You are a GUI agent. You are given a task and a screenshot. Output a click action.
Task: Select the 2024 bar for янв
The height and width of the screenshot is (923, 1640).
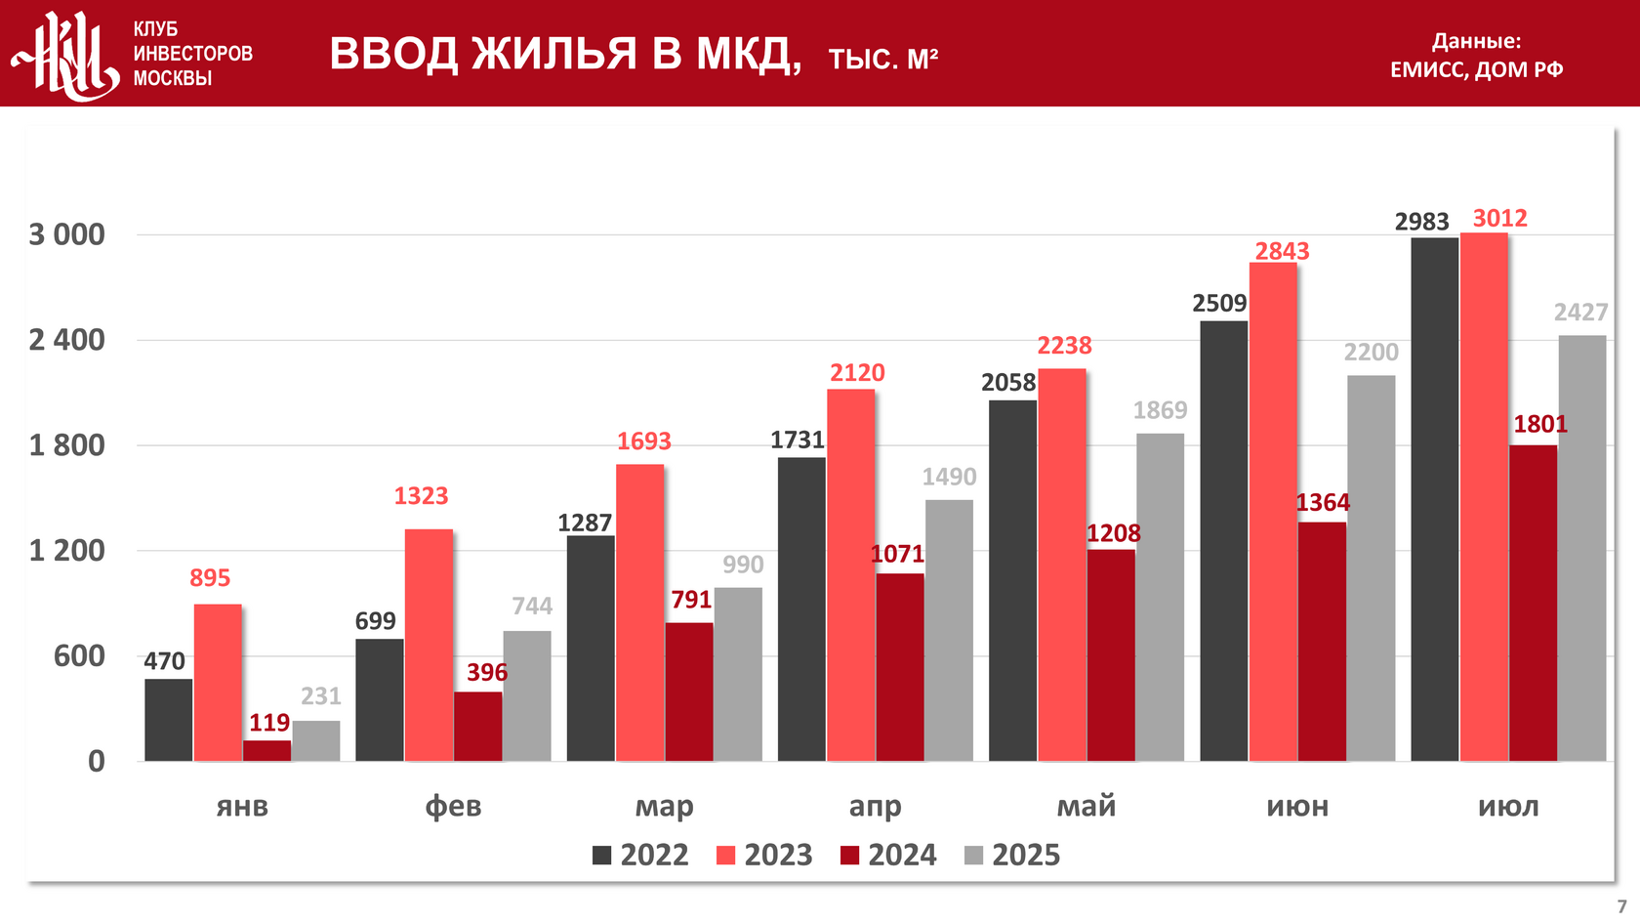[267, 750]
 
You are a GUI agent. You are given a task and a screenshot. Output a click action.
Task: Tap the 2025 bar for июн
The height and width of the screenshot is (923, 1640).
[1371, 567]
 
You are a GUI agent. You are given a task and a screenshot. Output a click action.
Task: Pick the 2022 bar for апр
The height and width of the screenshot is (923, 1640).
[801, 608]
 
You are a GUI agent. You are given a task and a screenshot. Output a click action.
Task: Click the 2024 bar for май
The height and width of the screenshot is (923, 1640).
[1111, 654]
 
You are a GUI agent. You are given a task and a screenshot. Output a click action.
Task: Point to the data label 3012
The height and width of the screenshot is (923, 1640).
[1499, 218]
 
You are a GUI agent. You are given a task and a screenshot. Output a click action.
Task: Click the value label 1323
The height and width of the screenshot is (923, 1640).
[421, 496]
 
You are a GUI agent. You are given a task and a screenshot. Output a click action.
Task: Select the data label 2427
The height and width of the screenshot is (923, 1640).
[1580, 313]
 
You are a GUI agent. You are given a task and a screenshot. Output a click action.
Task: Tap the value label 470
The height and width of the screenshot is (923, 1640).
[165, 661]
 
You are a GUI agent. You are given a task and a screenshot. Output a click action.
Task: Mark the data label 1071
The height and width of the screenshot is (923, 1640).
[897, 555]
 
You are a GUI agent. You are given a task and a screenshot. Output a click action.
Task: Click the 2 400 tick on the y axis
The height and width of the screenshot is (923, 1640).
[66, 340]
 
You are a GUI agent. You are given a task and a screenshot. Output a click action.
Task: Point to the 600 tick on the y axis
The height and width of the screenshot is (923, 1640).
[79, 655]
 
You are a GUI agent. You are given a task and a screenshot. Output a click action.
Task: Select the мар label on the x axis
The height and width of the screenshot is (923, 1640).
[664, 807]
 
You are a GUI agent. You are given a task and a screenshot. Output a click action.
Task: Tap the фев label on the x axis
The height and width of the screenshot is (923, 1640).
[453, 807]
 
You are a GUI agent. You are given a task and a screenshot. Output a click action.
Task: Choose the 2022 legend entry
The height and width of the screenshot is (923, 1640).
[640, 856]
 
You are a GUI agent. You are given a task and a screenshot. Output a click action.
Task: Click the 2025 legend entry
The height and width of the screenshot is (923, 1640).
[1012, 856]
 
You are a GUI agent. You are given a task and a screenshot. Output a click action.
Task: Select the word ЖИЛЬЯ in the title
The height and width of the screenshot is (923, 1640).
[554, 54]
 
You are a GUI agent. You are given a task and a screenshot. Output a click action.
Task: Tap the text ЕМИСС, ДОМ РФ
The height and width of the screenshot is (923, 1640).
[1476, 69]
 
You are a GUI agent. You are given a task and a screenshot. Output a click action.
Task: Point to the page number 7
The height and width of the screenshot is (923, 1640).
[1621, 906]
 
